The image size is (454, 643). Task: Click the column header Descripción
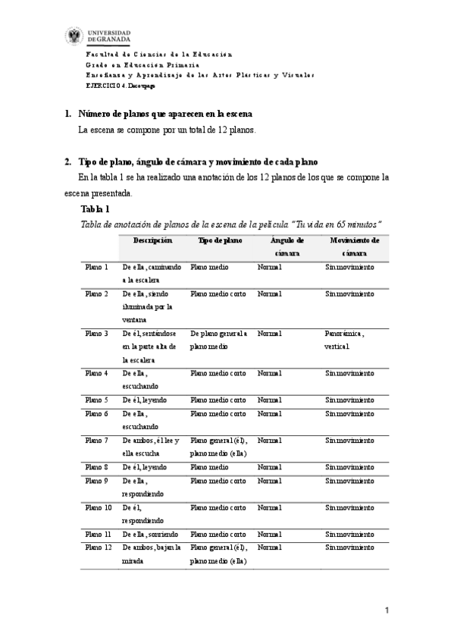[152, 240]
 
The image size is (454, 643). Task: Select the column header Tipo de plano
[220, 240]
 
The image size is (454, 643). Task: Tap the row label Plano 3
[96, 333]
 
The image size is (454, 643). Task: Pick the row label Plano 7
[96, 440]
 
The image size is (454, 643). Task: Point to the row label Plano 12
[98, 547]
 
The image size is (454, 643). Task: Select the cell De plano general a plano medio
[219, 340]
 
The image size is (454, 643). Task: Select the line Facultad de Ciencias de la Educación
[158, 55]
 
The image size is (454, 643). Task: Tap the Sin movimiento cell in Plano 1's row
[349, 267]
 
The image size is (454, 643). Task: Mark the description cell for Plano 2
[149, 306]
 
